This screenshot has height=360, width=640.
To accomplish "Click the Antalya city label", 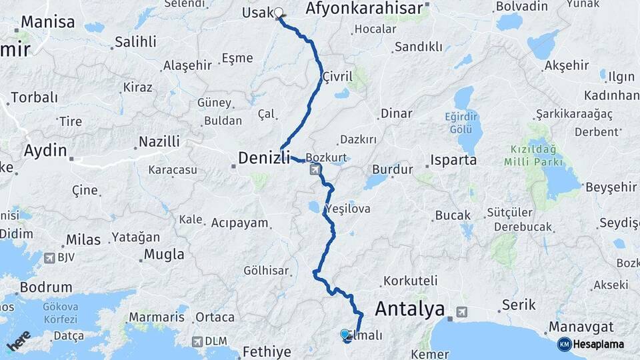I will pos(409,309).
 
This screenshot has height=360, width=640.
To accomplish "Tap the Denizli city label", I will pos(264,158).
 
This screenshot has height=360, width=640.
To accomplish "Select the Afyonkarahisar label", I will pos(364,9).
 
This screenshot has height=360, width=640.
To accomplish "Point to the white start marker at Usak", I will pos(278,12).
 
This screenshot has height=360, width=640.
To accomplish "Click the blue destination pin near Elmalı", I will pos(345,335).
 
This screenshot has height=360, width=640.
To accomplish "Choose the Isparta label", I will pos(453,160).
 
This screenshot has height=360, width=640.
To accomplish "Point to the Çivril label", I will pos(337,77).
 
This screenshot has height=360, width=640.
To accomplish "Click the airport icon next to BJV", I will pos(49,257).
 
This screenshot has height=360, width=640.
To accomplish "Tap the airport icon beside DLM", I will pos(197,341).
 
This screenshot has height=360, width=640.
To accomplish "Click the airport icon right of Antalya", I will pos(461,311).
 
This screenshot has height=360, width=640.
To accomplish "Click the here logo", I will pos(19,341).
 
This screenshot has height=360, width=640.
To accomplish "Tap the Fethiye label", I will pos(267,351).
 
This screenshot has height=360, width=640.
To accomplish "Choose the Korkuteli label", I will pos(411,281).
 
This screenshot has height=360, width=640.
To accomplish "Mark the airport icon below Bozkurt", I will pos(314,170).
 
